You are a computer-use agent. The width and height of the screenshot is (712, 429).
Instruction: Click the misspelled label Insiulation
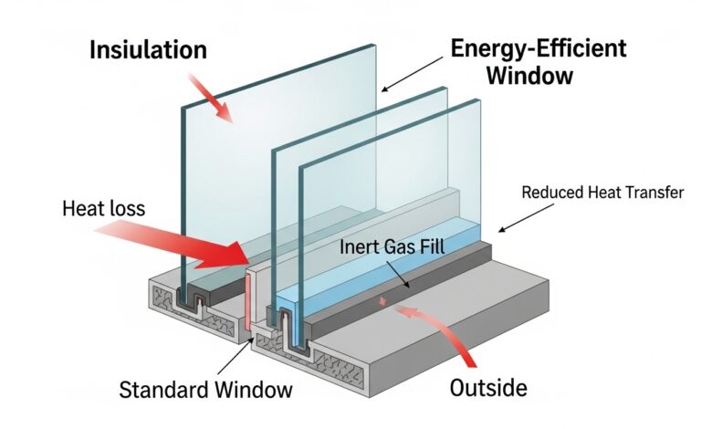point(148,49)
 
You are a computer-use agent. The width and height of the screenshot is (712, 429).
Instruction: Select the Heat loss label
point(103,208)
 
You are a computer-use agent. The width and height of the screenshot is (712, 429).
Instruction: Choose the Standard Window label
point(206,390)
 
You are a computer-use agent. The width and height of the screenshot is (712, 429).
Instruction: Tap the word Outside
point(488,387)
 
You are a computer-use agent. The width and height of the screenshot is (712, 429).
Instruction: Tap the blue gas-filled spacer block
point(365,274)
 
